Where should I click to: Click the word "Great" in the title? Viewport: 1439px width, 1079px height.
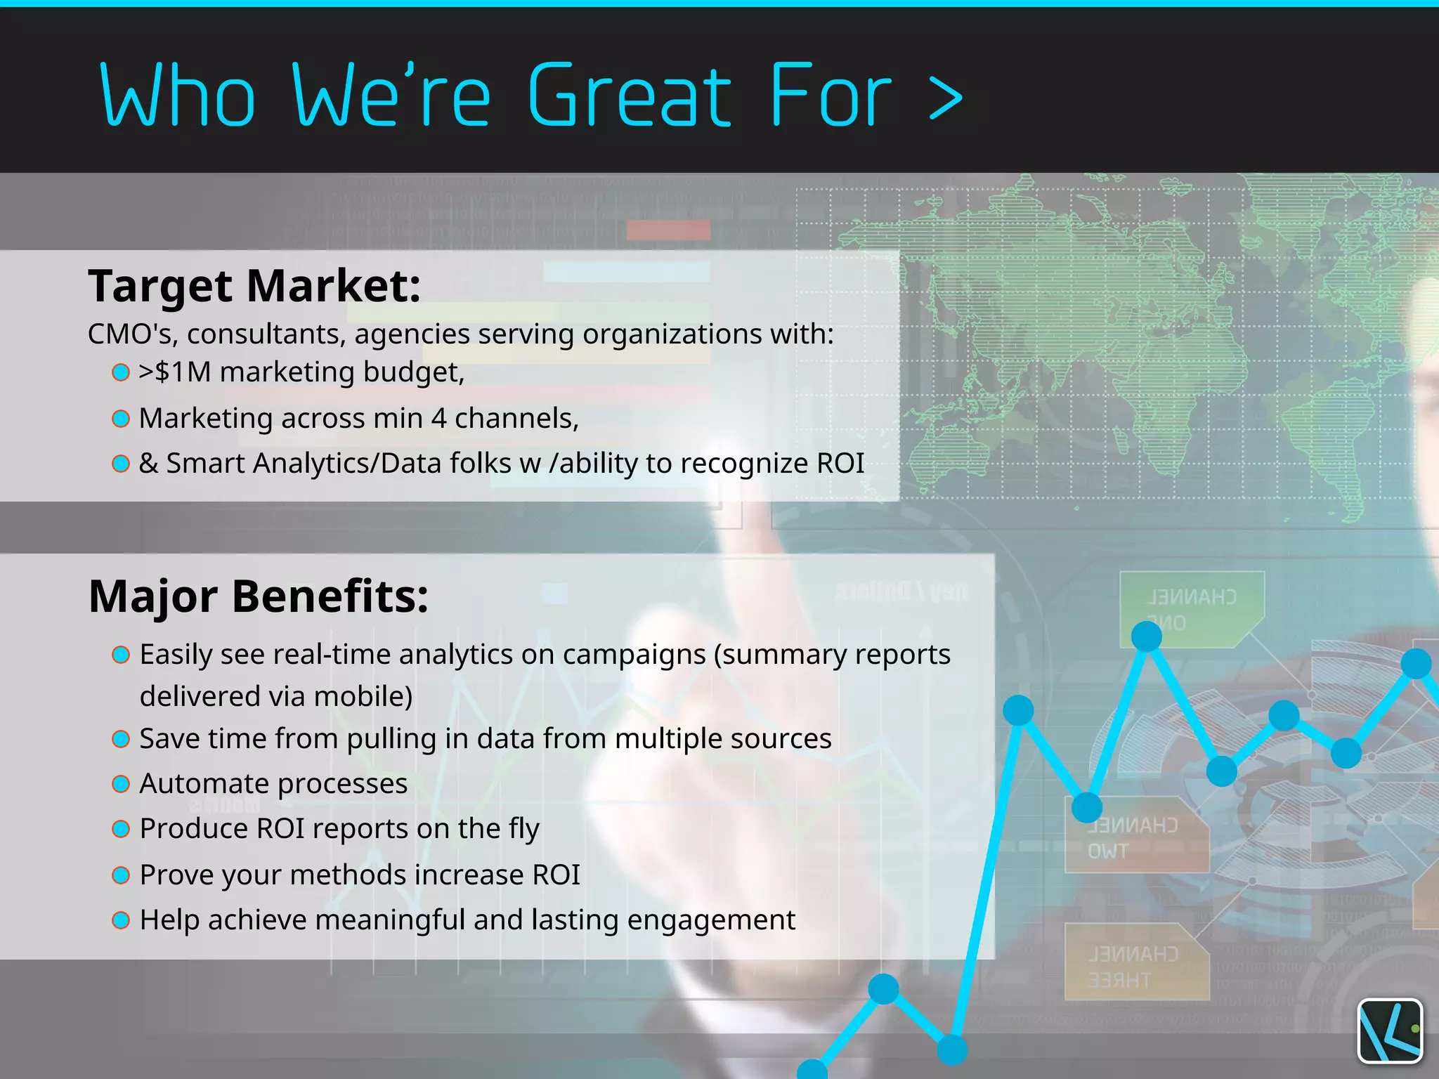(x=629, y=96)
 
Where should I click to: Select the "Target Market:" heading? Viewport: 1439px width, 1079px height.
(x=254, y=286)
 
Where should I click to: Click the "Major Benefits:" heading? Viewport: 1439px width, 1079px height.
(x=259, y=596)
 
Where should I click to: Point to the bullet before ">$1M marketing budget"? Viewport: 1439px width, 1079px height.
(x=121, y=372)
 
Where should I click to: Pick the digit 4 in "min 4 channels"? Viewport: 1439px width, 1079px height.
(x=438, y=419)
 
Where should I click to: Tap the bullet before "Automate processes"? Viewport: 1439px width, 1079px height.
(x=121, y=784)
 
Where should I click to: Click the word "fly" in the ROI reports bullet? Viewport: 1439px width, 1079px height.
(x=521, y=830)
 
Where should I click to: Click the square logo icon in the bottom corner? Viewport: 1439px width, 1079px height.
(x=1390, y=1031)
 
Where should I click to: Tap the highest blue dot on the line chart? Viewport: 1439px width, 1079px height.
(x=1147, y=636)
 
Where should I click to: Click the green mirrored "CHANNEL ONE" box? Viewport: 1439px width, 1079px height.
(x=1191, y=608)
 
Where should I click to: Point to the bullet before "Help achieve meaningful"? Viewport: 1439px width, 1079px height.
(x=121, y=920)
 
